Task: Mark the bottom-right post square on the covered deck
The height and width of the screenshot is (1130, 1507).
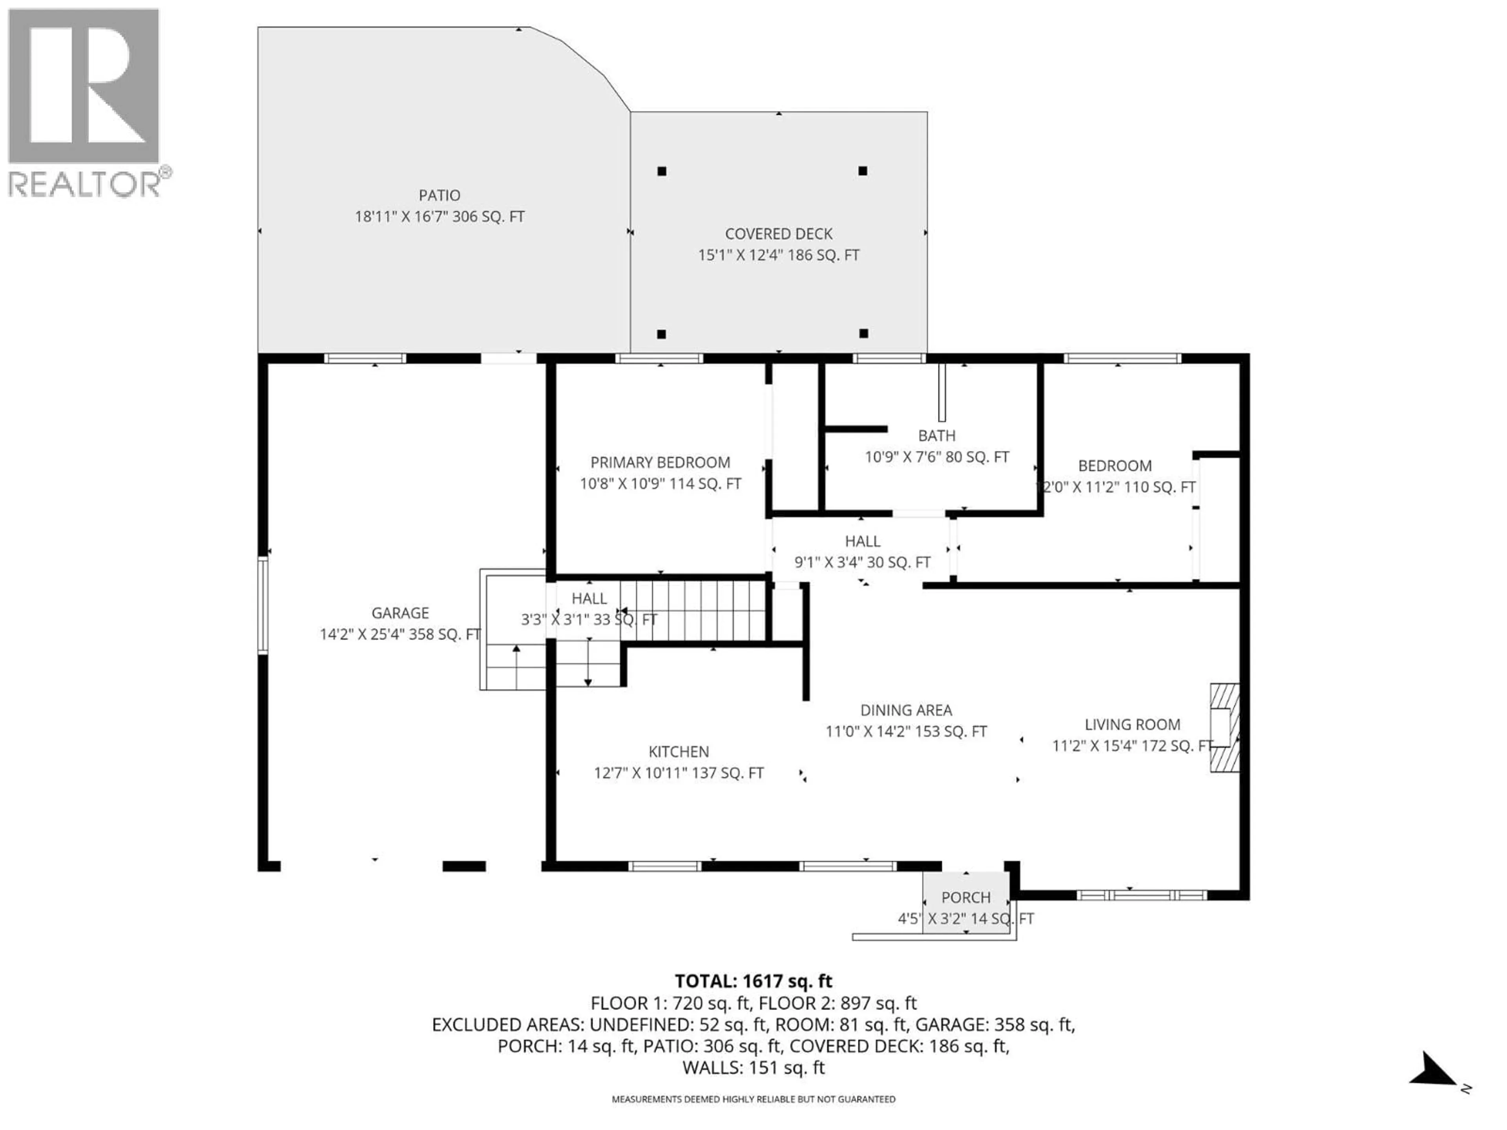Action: click(x=863, y=333)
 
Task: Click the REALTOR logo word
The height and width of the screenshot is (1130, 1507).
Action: click(x=85, y=184)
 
